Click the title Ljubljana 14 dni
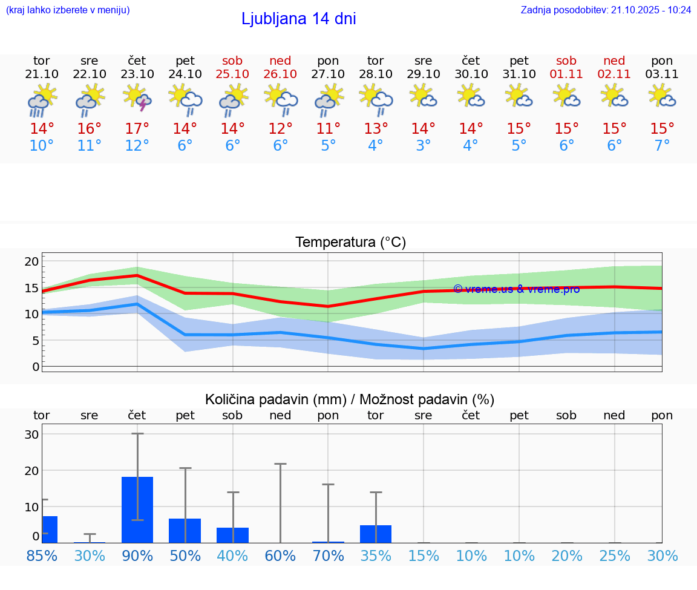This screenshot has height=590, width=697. tap(298, 19)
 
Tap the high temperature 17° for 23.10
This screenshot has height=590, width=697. tap(137, 128)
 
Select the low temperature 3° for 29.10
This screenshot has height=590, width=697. tap(423, 146)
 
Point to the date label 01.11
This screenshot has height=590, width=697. tap(566, 74)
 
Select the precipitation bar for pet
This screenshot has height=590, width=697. tap(185, 531)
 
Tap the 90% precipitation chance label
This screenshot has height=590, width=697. tap(137, 556)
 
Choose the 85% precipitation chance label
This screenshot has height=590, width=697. tap(42, 556)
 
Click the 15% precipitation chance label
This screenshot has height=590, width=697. tap(423, 556)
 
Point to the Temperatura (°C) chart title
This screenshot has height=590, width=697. tap(350, 243)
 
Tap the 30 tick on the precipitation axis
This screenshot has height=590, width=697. tap(31, 434)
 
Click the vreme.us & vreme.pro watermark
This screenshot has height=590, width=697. tap(516, 289)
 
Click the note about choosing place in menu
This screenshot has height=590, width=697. tap(68, 10)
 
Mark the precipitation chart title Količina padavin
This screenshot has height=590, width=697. tap(350, 399)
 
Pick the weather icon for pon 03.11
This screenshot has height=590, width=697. tap(662, 96)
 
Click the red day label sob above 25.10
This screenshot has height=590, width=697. tap(232, 61)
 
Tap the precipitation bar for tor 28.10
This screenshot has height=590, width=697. tap(376, 534)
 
